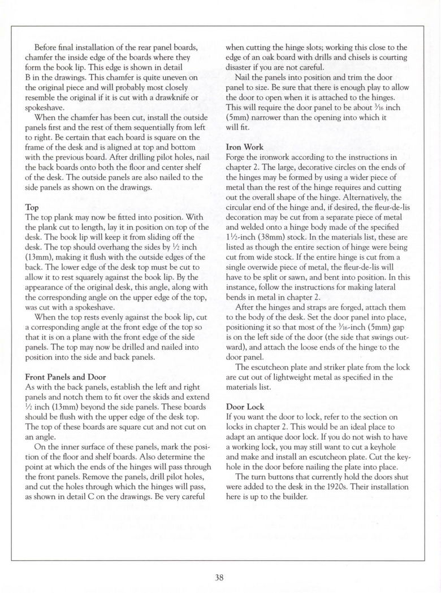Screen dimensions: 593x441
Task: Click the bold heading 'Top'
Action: click(32, 207)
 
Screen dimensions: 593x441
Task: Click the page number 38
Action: click(220, 577)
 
